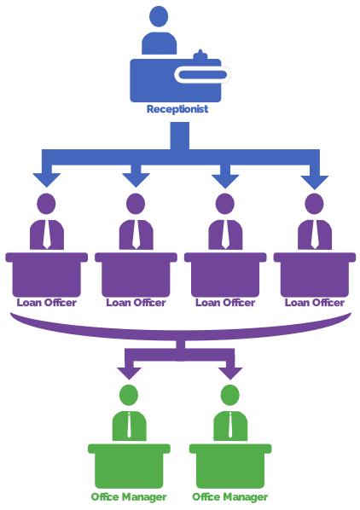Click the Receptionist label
point(177,109)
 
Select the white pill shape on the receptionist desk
point(202,75)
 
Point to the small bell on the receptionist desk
point(200,56)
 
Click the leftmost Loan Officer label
point(46,302)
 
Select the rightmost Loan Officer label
point(315,302)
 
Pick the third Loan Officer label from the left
point(225,302)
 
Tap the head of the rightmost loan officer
point(315,204)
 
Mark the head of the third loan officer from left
point(225,204)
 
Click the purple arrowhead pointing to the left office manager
point(129,372)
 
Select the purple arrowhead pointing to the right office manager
point(229,372)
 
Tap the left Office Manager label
point(129,496)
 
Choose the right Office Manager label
point(230,496)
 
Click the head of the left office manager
point(129,395)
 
